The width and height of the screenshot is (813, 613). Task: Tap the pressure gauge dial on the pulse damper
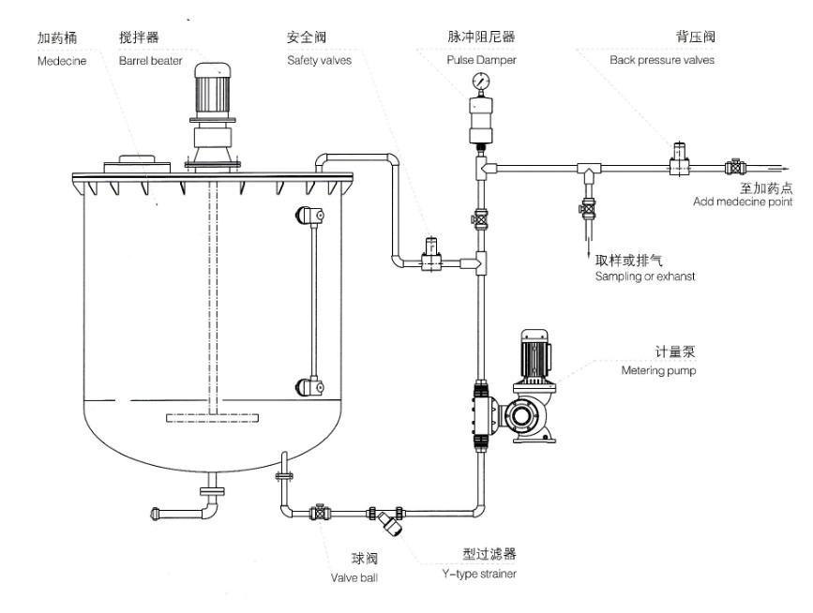coord(481,82)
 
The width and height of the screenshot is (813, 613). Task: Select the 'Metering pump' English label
coord(660,370)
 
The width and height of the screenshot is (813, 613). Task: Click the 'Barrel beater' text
coord(150,59)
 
